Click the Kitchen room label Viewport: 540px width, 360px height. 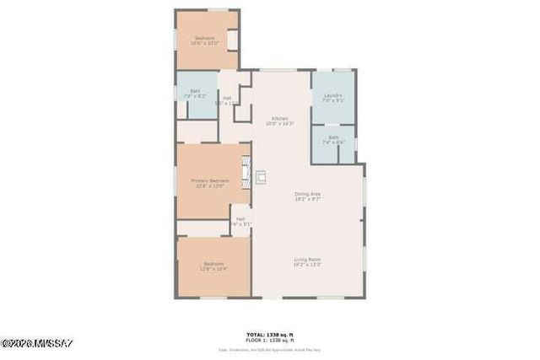[279, 118]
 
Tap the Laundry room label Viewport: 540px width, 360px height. [333, 96]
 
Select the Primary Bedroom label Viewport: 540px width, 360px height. [210, 180]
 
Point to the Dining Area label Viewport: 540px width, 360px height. [307, 194]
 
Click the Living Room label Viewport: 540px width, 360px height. [307, 258]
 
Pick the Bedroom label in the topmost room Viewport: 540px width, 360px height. [205, 38]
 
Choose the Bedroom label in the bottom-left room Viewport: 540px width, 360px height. [213, 264]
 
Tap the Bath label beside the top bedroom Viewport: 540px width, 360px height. [195, 91]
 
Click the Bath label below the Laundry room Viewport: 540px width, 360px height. [333, 137]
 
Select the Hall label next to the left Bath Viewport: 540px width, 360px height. [227, 99]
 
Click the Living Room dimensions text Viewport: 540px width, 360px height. [307, 265]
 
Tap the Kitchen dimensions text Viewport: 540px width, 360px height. [279, 124]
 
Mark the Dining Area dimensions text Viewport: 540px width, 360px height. [307, 200]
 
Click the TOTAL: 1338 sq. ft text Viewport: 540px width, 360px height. [270, 334]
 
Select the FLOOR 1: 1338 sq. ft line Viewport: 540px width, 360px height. [270, 340]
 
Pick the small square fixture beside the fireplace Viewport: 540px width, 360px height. [261, 177]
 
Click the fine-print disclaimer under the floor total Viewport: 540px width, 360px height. [270, 349]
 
